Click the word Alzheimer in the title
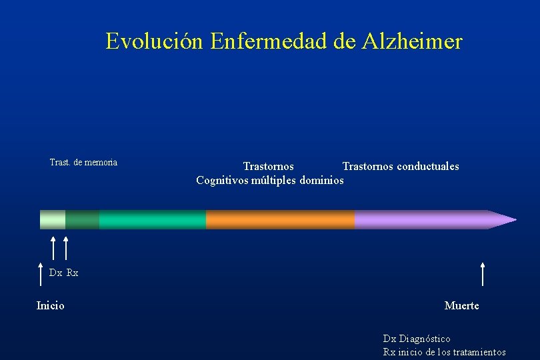412,42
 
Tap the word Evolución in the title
155,42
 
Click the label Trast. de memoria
83,162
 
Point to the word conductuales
428,167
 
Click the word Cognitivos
222,181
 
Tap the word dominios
322,181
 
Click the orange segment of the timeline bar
280,219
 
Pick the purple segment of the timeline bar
420,219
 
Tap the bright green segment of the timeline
152,219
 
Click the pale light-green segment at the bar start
53,219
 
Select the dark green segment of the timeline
82,219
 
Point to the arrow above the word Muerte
482,273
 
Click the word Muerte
461,306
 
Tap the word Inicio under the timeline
51,306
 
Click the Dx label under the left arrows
55,273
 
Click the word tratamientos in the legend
479,352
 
